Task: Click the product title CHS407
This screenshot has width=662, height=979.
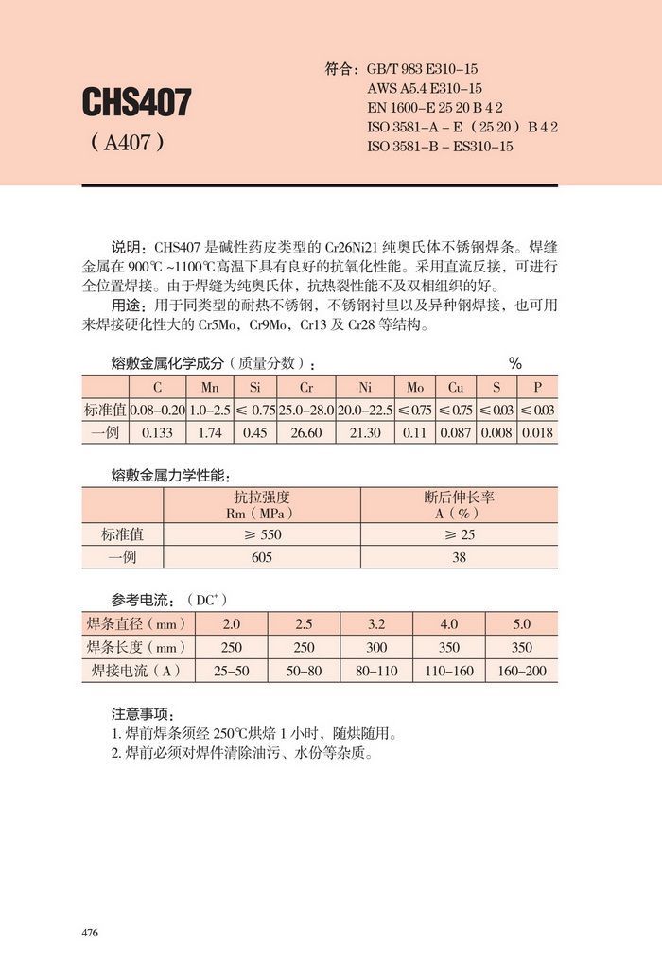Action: tap(136, 102)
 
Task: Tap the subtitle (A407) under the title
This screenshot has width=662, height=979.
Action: tap(128, 145)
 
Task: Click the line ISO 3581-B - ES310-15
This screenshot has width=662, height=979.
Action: tap(440, 147)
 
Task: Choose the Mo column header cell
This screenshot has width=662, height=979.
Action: tap(415, 388)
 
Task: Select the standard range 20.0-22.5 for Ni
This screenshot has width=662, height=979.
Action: tap(364, 410)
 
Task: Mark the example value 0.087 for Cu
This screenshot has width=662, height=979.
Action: tap(456, 432)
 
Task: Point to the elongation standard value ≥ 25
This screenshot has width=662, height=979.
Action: tap(459, 534)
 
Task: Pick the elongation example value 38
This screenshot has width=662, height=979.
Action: tap(459, 558)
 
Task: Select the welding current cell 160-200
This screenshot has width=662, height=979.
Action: tap(521, 671)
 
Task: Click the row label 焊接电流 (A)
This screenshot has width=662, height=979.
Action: tap(136, 671)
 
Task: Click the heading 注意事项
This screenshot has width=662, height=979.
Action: tap(143, 713)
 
